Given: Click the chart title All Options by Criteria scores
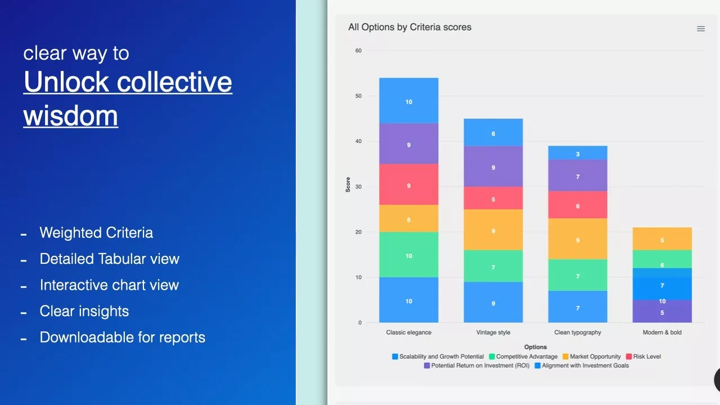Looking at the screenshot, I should pos(409,27).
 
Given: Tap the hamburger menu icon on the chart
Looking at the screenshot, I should pos(701,29).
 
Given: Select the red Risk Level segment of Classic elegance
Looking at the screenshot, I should pos(409,184).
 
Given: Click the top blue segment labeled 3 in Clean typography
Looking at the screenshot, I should pos(578,153).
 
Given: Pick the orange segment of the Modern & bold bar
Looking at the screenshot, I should pos(662,238).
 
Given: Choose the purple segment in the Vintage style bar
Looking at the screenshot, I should pos(493,166).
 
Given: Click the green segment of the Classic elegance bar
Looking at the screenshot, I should pos(409,255).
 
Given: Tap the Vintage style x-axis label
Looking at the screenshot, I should pos(493,332).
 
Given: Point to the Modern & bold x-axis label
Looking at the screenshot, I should pos(662,332).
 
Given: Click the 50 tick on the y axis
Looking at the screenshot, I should pos(358,96).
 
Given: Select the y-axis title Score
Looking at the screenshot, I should pos(348,185).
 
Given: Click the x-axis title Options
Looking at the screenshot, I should pos(535,347).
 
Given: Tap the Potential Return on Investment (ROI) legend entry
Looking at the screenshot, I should pos(476,366).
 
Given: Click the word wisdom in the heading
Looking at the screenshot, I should pos(71,115).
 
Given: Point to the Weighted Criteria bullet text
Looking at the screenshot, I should pos(96,233).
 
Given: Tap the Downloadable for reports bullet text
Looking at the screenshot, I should pos(122,337).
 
